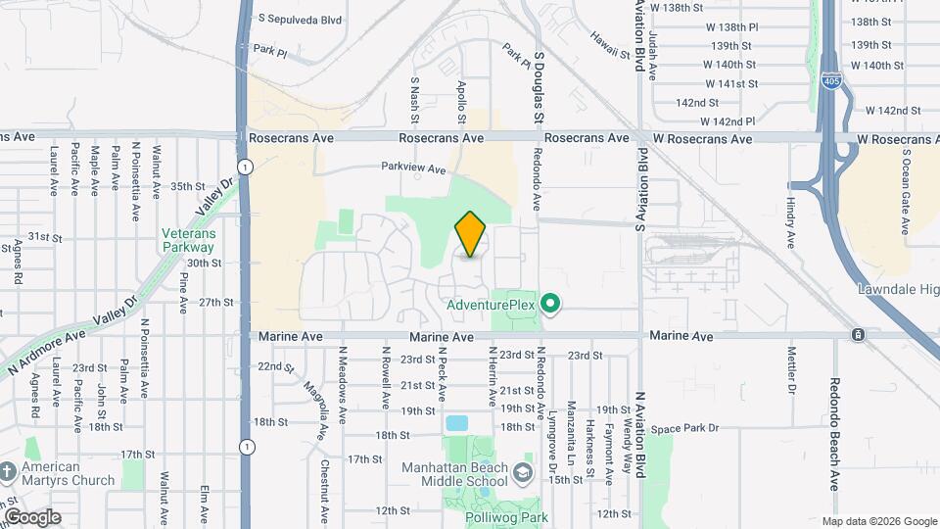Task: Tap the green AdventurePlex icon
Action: coord(550,305)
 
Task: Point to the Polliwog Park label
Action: coord(505,517)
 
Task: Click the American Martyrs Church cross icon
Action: coord(8,474)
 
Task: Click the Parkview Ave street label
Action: coord(413,168)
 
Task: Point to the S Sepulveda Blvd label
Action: coord(300,18)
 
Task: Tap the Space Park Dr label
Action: coord(685,428)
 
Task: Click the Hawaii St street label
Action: coord(608,38)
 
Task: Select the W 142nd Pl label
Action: coord(728,121)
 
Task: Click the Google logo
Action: coord(31,516)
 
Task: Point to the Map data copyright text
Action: coord(879,521)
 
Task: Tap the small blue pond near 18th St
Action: coord(456,424)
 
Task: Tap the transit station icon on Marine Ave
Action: coord(858,335)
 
